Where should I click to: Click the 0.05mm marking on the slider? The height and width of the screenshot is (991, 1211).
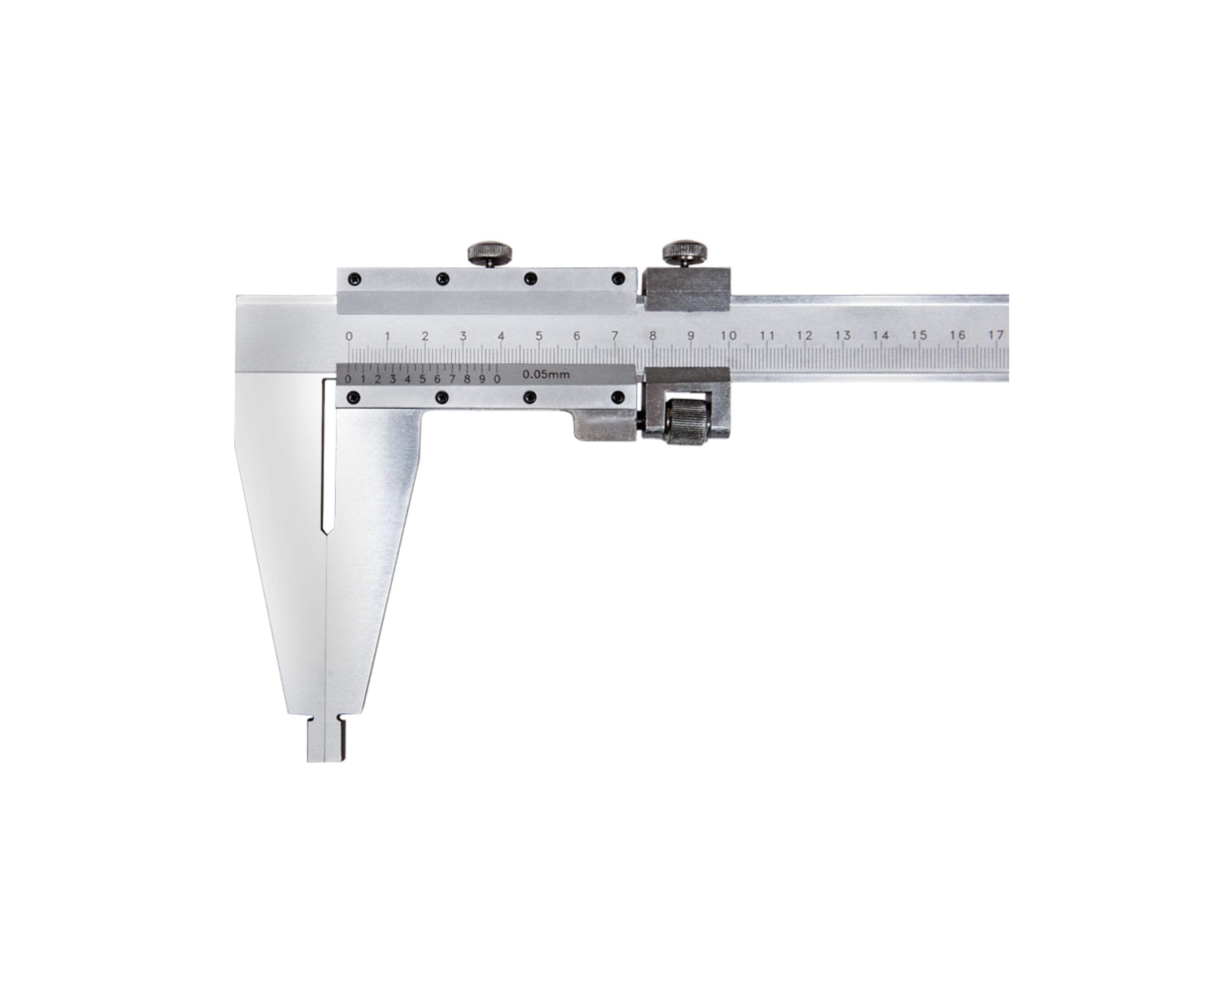tap(546, 375)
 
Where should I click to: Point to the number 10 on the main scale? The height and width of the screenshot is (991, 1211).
tap(729, 336)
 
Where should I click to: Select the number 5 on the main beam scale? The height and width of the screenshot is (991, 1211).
tap(539, 336)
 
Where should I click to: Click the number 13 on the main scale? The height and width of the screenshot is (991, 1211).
tap(843, 336)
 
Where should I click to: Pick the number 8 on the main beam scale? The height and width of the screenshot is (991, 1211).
tap(652, 336)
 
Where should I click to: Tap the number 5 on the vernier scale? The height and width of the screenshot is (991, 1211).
tap(422, 379)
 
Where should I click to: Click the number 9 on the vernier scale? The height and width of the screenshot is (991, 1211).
tap(482, 379)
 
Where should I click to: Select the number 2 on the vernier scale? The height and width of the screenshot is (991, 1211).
tap(378, 379)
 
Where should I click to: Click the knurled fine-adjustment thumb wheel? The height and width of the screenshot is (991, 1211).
tap(686, 422)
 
